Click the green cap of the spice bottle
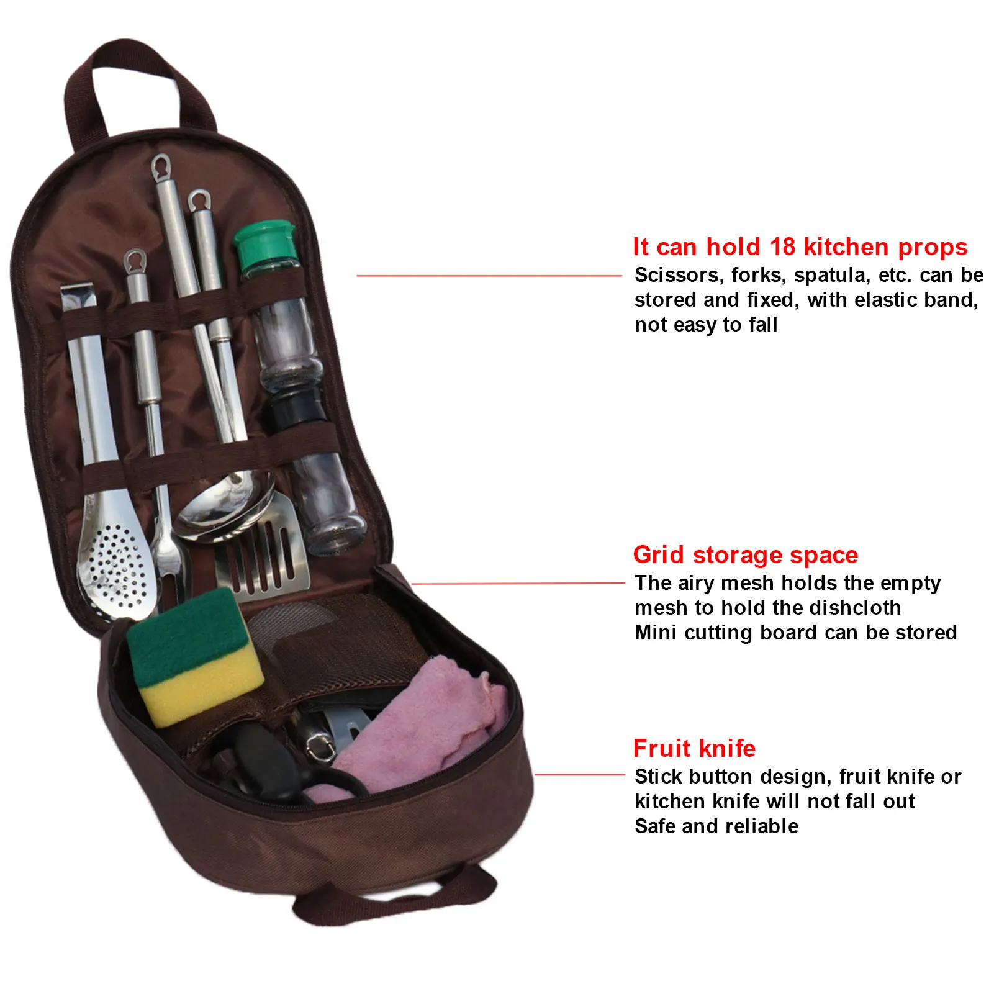(x=264, y=243)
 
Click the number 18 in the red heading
(x=782, y=247)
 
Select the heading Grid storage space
(x=745, y=554)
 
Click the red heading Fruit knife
(x=694, y=748)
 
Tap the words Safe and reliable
(x=716, y=826)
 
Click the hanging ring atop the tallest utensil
(x=161, y=166)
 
